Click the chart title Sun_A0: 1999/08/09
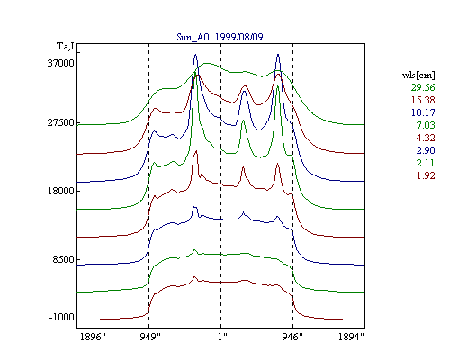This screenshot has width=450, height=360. pyautogui.click(x=220, y=37)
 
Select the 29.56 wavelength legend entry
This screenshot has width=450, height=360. pyautogui.click(x=423, y=87)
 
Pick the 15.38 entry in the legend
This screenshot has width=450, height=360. pyautogui.click(x=423, y=100)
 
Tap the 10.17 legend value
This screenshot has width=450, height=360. pyautogui.click(x=423, y=112)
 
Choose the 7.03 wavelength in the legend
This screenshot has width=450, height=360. pyautogui.click(x=426, y=125)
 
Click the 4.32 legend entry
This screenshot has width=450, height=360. pyautogui.click(x=426, y=138)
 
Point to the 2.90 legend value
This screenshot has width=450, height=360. pyautogui.click(x=426, y=150)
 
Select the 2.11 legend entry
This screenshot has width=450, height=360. pyautogui.click(x=426, y=163)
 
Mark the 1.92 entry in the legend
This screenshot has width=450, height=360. pyautogui.click(x=426, y=175)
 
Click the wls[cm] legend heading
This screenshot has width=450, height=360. pyautogui.click(x=418, y=75)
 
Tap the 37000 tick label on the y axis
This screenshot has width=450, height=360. pyautogui.click(x=60, y=63)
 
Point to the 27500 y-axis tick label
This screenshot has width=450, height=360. pyautogui.click(x=60, y=122)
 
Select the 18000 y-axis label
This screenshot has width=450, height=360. pyautogui.click(x=60, y=191)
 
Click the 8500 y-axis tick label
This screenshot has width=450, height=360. pyautogui.click(x=63, y=259)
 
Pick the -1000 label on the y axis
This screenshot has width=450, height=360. pyautogui.click(x=61, y=317)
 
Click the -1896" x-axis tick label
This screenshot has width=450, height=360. pyautogui.click(x=91, y=337)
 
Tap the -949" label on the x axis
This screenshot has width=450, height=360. pyautogui.click(x=148, y=337)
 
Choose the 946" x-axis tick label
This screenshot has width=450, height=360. pyautogui.click(x=292, y=337)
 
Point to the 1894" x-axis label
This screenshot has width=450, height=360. pyautogui.click(x=351, y=337)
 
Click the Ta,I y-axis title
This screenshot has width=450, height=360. pyautogui.click(x=66, y=46)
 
